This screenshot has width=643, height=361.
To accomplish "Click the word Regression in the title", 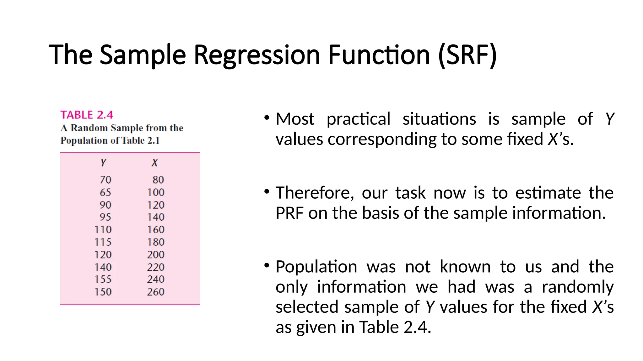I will [x=257, y=55].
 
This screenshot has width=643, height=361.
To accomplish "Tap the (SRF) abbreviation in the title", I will [x=467, y=55].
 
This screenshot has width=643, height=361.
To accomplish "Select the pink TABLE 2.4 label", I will [x=87, y=115].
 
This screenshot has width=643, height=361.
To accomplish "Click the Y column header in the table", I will [x=103, y=163].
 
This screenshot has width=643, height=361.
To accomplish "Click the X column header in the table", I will [x=154, y=163].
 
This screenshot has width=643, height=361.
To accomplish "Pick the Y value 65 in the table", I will [x=105, y=192].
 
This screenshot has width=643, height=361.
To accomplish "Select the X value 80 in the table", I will [x=158, y=180].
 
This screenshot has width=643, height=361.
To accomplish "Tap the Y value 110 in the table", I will [x=103, y=229].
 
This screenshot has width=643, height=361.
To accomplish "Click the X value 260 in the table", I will [x=156, y=292].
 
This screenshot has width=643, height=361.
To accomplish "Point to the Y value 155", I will [x=103, y=279].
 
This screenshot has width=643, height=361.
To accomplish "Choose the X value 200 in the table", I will [x=156, y=254].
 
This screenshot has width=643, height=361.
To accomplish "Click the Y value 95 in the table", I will [x=105, y=217].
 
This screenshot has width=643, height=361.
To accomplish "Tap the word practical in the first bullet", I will [x=358, y=119].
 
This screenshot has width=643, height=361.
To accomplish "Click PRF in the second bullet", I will [x=289, y=213].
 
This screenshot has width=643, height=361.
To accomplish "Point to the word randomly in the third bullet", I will [x=578, y=287].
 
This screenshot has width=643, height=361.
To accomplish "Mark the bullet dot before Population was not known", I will [x=267, y=266].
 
